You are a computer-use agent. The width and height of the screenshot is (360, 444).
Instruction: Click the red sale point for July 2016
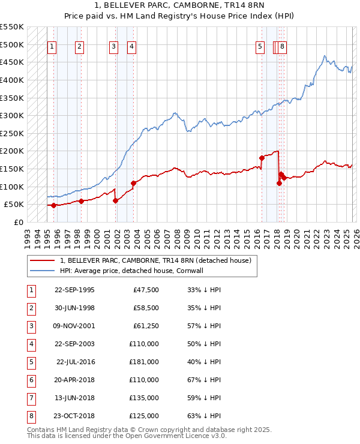coord(262,158)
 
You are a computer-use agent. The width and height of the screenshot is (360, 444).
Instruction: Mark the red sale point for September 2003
coord(133,183)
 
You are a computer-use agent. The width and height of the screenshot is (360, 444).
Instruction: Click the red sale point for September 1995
coord(53,205)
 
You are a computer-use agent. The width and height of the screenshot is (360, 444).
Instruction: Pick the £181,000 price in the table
coord(143,362)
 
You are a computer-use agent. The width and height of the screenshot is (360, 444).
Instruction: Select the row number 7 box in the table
coord(31,398)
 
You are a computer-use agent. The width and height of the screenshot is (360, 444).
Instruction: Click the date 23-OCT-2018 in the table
coord(74,415)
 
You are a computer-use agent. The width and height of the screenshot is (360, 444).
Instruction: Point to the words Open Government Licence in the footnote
coord(163,436)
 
